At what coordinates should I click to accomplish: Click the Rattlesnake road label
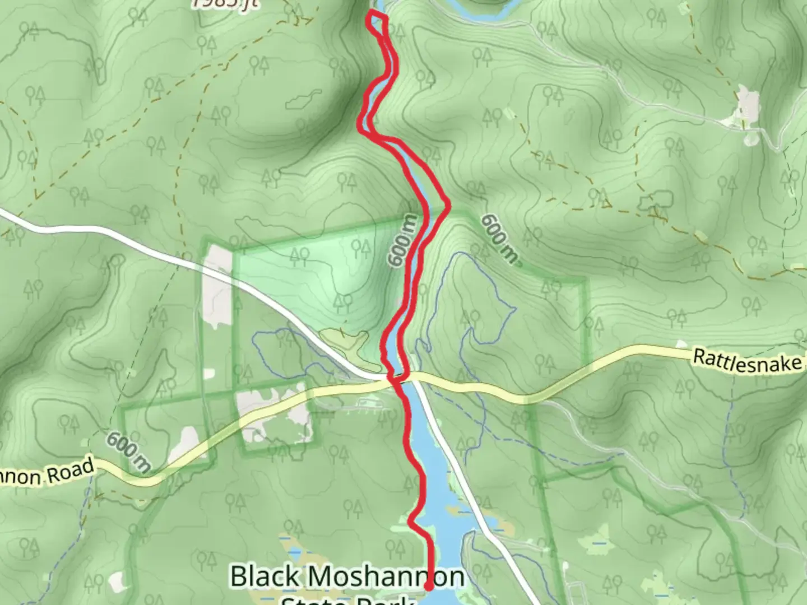(748, 360)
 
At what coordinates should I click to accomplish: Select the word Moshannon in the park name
(386, 577)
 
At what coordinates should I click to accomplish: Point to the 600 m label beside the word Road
(128, 452)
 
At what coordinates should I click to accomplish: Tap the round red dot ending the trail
(429, 587)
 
